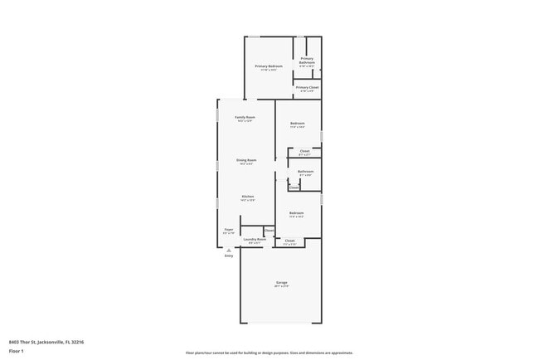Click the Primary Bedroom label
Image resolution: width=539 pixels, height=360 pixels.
269,66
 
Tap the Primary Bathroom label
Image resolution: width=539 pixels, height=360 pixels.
307,61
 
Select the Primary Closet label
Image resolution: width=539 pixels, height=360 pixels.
307,87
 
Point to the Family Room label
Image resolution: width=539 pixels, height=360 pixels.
245,118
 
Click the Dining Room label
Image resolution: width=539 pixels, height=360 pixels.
246,159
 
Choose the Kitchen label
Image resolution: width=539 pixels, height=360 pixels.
247,197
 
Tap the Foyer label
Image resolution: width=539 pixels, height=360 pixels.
229,229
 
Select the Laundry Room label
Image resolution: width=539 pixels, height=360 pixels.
255,240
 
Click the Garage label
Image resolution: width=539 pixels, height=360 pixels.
282,283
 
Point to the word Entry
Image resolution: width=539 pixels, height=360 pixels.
229,255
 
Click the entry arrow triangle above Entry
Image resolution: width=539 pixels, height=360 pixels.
229,250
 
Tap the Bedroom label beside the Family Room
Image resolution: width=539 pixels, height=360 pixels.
298,124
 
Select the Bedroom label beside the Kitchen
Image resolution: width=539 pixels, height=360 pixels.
296,213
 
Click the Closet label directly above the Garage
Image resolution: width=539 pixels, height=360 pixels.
289,241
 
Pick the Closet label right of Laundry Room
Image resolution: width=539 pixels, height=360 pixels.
269,230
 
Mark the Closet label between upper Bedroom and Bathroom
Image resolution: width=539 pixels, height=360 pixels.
304,151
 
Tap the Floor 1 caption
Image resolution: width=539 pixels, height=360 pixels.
16,351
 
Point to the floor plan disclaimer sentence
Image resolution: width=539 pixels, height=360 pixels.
269,353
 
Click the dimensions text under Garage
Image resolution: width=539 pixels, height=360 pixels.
282,287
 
